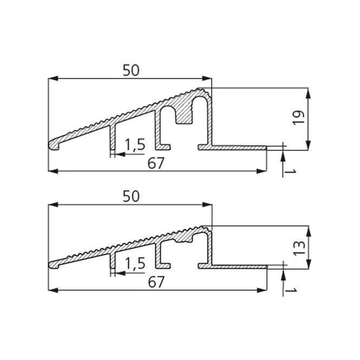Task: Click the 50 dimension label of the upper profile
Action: pyautogui.click(x=130, y=70)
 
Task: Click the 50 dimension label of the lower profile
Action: pyautogui.click(x=130, y=197)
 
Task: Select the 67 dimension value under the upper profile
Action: pyautogui.click(x=155, y=164)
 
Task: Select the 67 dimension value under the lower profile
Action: pyautogui.click(x=155, y=283)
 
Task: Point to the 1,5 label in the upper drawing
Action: pyautogui.click(x=134, y=145)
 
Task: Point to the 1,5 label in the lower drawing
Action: pyautogui.click(x=134, y=264)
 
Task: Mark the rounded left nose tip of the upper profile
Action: pyautogui.click(x=52, y=145)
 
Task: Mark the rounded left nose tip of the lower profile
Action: pyautogui.click(x=52, y=265)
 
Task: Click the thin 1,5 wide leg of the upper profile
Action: pyautogui.click(x=113, y=138)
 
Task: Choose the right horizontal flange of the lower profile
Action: pyautogui.click(x=238, y=266)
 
